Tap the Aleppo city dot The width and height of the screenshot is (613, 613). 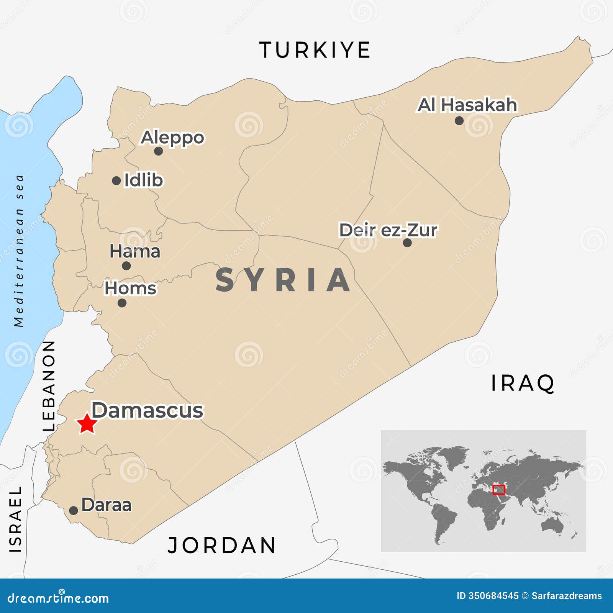(159, 151)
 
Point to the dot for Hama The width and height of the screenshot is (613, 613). (126, 266)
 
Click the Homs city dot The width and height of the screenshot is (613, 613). (122, 303)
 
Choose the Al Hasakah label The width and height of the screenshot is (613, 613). (467, 105)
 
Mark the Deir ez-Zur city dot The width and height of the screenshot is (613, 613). (407, 243)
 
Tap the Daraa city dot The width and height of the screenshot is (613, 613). (74, 510)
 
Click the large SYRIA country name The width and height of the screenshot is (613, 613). (283, 280)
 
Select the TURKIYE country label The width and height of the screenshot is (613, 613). (315, 50)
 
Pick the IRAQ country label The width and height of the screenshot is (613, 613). (523, 383)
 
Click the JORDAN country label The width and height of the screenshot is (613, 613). (222, 545)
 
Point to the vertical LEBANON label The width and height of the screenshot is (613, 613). (49, 386)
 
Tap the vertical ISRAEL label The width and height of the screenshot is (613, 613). (16, 519)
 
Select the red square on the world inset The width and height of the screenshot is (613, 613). (498, 490)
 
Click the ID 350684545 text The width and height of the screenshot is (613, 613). (487, 596)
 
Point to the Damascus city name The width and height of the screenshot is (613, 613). (148, 410)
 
